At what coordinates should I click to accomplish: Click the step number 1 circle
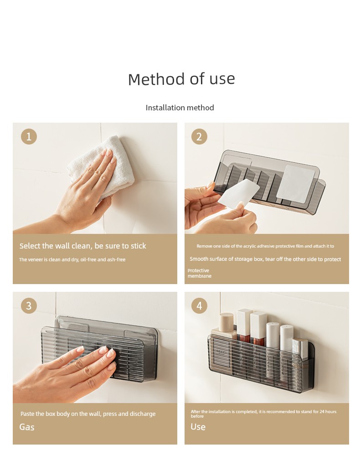[x=29, y=137]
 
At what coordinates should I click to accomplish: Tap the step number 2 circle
[x=199, y=137]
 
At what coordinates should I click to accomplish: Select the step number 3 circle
[x=29, y=306]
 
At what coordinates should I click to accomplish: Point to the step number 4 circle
[x=199, y=306]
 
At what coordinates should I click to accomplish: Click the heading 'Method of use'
[x=181, y=79]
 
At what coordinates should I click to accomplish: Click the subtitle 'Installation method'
[x=180, y=108]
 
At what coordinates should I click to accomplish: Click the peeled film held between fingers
[x=239, y=194]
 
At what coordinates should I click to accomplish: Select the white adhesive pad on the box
[x=297, y=184]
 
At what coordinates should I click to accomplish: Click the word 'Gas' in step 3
[x=27, y=427]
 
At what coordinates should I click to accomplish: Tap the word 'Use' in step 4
[x=198, y=427]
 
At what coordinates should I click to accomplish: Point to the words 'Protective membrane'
[x=199, y=273]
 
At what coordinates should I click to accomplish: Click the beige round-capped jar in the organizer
[x=226, y=322]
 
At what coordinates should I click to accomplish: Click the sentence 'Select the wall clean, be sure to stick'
[x=82, y=246]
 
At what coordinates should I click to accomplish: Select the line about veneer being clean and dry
[x=72, y=259]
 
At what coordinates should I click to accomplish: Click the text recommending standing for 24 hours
[x=263, y=414]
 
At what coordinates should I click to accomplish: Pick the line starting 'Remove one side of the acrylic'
[x=265, y=246]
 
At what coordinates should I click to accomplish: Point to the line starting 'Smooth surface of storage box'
[x=265, y=259]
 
